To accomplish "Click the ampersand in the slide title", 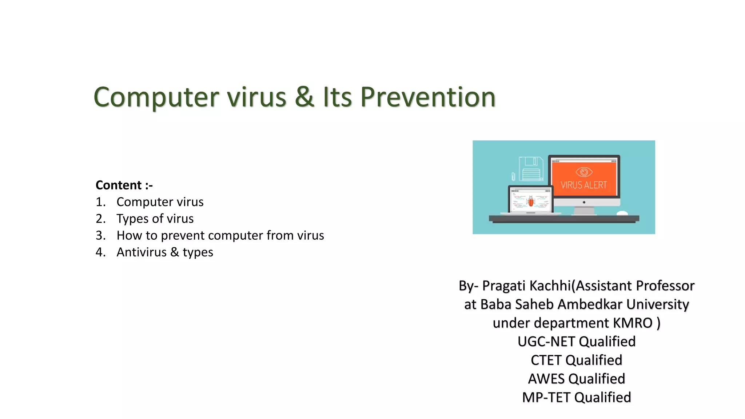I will pos(304,97).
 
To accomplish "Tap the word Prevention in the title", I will pos(428,97).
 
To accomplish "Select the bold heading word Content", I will pos(119,185).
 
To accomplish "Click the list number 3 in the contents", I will pos(100,236).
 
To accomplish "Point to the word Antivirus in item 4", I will pos(142,252).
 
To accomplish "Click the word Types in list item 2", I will pos(132,219).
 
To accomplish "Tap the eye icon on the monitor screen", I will pos(584,172).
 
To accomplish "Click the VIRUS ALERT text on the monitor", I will pos(583,185).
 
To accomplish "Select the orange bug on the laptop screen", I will pos(531,201).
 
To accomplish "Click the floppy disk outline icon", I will pos(531,168).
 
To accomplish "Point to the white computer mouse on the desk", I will pos(622,213).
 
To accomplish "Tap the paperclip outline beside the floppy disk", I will pos(513,176).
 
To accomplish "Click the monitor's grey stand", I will pos(583,211).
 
